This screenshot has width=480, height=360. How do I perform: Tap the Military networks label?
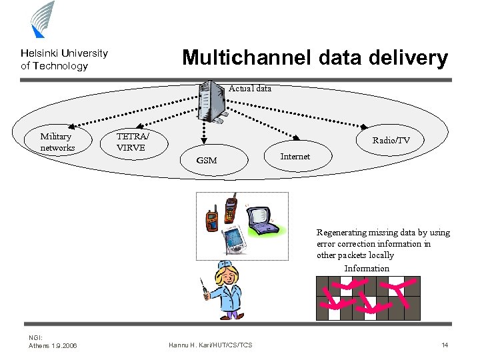57,142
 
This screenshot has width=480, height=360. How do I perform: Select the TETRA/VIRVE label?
132,141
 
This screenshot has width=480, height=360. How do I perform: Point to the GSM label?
207,161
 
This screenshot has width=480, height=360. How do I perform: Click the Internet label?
295,156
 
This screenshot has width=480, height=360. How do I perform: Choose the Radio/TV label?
391,140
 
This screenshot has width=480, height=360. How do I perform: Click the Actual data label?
250,88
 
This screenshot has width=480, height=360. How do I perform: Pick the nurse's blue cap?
226,266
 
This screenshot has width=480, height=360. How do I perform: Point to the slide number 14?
445,345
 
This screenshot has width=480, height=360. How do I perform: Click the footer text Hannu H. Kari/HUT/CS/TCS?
211,345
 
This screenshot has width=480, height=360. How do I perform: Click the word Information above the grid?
367,268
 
